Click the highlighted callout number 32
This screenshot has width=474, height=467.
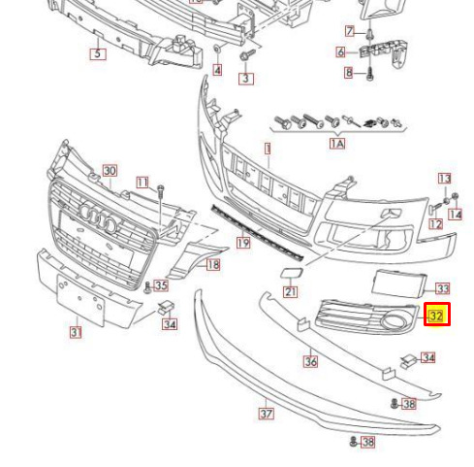[437, 315]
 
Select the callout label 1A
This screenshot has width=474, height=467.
[337, 144]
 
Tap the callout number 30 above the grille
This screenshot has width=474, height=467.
[110, 171]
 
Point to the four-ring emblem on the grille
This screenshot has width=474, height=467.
[98, 217]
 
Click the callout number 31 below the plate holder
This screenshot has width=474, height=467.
[76, 332]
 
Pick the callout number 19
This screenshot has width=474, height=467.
[243, 243]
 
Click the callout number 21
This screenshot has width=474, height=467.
[290, 292]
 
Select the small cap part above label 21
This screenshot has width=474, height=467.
[291, 273]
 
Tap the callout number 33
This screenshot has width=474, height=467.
[443, 288]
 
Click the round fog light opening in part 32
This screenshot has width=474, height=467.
[393, 320]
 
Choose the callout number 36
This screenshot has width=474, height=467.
[310, 361]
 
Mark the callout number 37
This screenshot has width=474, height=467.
[267, 414]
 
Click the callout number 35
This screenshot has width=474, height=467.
[161, 285]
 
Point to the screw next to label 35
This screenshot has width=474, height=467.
[147, 287]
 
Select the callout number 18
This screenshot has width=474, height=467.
[213, 265]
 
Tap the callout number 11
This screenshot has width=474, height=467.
[142, 183]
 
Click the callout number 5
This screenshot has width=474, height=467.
[98, 53]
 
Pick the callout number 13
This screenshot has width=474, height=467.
[445, 179]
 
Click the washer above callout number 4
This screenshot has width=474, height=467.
[217, 50]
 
